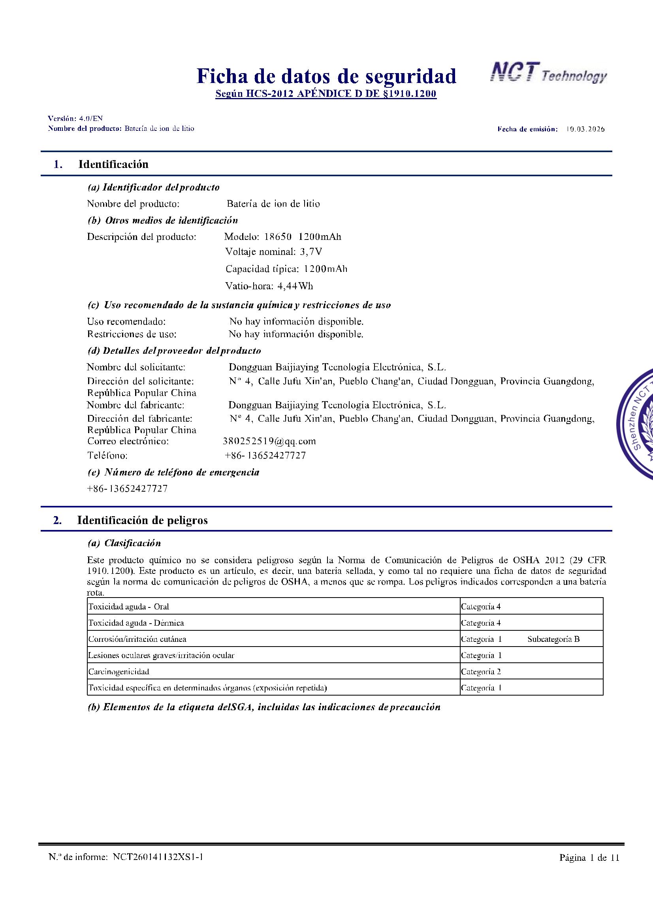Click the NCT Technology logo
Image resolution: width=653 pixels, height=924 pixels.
coord(548,74)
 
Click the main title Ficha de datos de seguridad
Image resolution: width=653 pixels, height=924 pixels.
coord(326,76)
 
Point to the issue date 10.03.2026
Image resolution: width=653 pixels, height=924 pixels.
coord(585,129)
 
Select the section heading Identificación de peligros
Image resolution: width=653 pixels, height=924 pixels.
coord(142,520)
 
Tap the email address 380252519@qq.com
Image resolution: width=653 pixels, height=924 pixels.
coord(269,441)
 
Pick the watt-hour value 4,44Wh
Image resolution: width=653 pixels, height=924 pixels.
coord(295,286)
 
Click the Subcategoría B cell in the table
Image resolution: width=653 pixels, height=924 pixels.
coord(553,639)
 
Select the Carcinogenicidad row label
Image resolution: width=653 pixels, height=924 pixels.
coord(119,671)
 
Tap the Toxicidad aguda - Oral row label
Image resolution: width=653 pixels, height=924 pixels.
coord(129,607)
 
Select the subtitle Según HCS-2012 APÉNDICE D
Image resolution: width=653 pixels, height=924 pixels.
coord(326,94)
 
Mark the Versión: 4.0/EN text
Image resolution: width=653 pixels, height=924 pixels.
coord(75,118)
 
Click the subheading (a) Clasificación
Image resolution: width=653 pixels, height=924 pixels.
coord(124,543)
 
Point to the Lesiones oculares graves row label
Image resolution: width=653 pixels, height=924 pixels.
coord(161,655)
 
